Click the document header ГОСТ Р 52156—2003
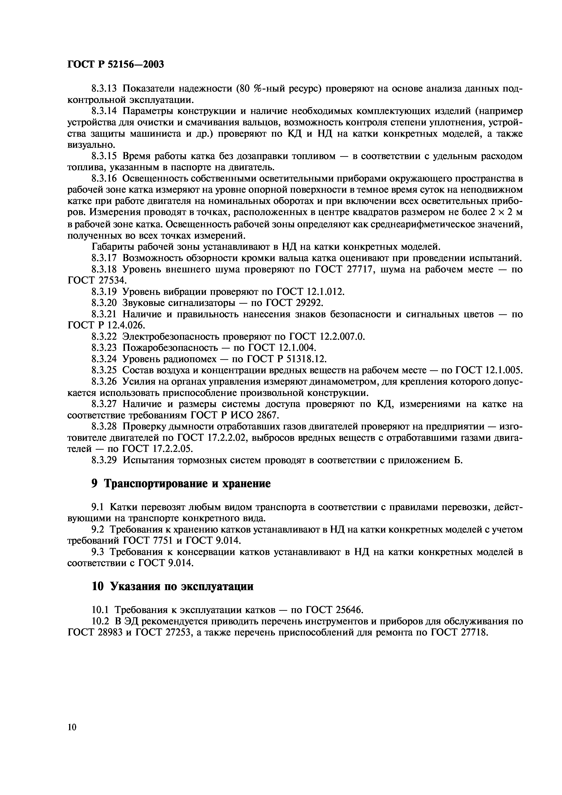pyautogui.click(x=115, y=64)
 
